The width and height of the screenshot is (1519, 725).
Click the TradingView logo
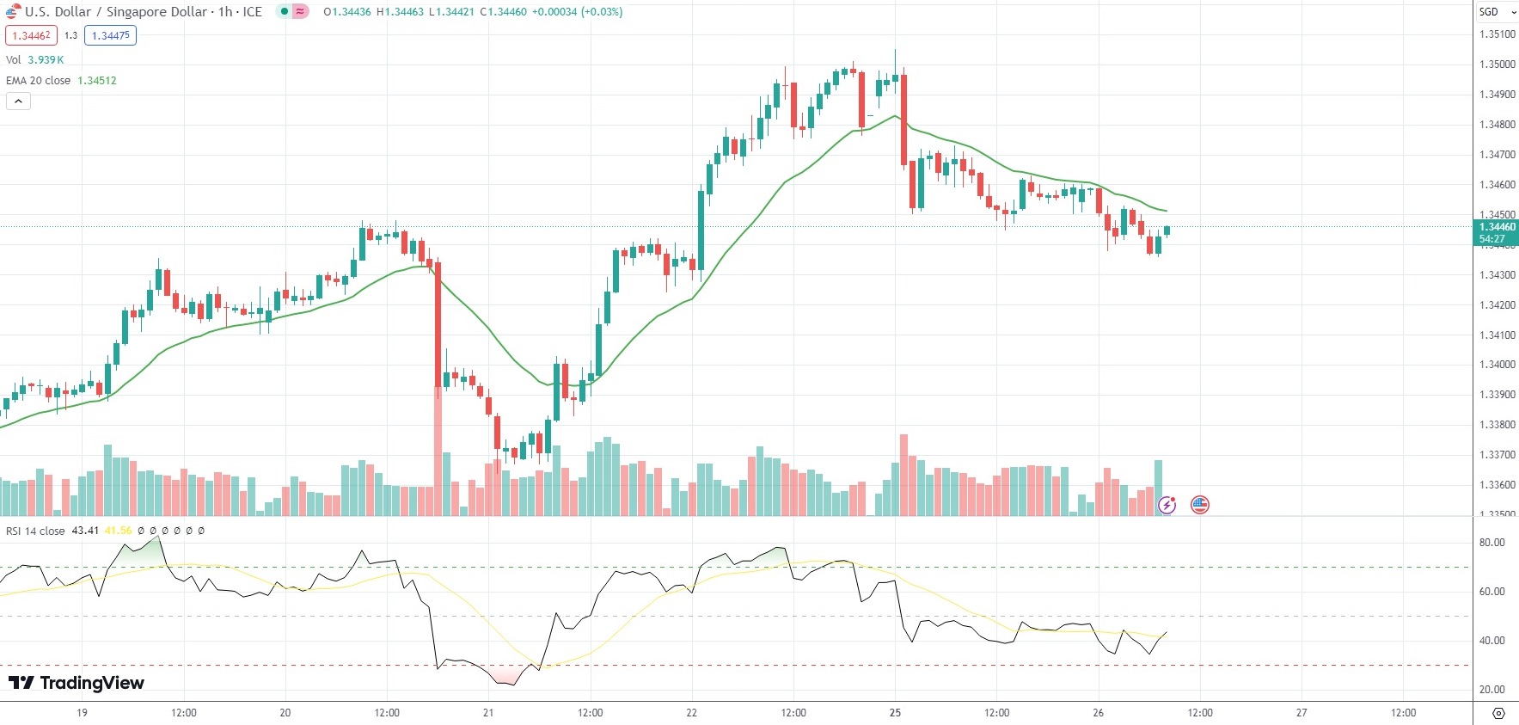tap(76, 683)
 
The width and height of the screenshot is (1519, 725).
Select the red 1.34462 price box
tap(31, 35)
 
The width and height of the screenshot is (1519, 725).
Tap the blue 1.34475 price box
tap(110, 35)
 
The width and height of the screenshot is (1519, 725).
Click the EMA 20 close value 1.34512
tap(96, 80)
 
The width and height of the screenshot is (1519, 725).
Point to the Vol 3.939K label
tap(34, 59)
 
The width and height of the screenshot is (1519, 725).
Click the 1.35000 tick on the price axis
tap(1497, 65)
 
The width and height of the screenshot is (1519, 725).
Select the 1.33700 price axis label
tap(1497, 455)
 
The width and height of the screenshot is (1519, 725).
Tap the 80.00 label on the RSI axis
tap(1491, 543)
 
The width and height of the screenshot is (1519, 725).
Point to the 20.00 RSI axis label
tap(1491, 689)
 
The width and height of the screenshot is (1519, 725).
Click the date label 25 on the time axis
tap(895, 712)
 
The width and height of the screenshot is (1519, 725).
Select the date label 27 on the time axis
tap(1302, 712)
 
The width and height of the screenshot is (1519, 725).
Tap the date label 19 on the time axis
tap(82, 712)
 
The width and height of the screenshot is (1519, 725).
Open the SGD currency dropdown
tap(1497, 12)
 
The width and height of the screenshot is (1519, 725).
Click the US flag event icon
tap(1200, 505)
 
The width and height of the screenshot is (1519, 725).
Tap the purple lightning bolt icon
tap(1167, 505)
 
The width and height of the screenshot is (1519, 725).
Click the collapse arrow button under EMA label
tap(18, 101)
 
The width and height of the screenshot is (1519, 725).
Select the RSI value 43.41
tap(85, 531)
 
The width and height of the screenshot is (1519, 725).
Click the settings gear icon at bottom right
tap(1498, 713)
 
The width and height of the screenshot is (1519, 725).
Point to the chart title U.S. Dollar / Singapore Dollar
tap(116, 12)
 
